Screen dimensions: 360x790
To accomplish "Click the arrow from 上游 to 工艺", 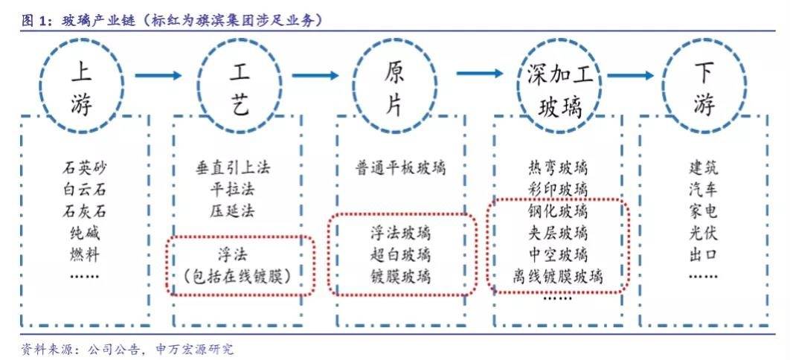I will (159, 75).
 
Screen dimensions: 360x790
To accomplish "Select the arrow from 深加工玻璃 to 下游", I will (630, 75).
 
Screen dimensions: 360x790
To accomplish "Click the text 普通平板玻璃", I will (400, 167).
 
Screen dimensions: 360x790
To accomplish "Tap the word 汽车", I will (704, 189).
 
